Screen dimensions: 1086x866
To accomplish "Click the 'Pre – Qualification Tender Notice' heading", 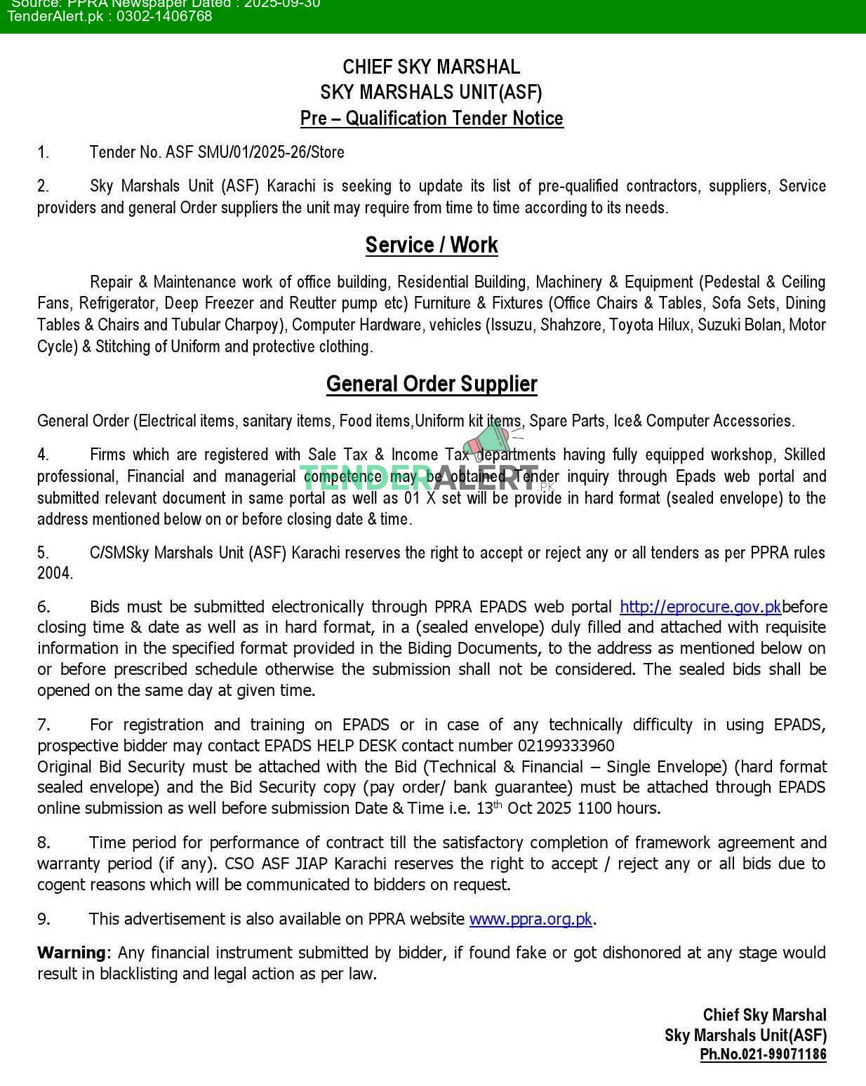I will point(432,118).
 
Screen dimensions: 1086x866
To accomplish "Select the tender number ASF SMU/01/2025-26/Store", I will point(255,152).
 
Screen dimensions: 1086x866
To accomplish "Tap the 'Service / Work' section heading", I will point(432,245).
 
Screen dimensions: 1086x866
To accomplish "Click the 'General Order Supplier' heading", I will point(432,384).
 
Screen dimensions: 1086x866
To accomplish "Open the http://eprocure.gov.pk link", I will point(700,606).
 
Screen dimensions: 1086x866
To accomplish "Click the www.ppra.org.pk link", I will point(531,919).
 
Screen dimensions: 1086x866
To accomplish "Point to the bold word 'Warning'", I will point(72,953).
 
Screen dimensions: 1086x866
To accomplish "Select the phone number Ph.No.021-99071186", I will point(763,1054).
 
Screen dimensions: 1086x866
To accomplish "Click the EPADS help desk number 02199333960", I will point(566,746).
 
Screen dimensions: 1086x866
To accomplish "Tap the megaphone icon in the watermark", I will point(489,440).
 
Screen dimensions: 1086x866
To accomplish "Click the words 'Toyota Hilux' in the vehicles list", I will point(649,325).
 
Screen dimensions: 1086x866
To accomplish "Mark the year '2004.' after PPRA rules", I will point(55,573).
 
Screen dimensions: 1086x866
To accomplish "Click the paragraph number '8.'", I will point(44,843).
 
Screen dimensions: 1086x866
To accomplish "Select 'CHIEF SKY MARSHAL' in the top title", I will point(432,67).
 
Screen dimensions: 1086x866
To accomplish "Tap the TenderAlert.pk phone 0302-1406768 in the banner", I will point(164,16).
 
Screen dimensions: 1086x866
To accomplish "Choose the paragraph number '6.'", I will point(44,607).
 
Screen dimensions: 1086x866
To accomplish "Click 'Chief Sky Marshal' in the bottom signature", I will point(764,1015).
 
